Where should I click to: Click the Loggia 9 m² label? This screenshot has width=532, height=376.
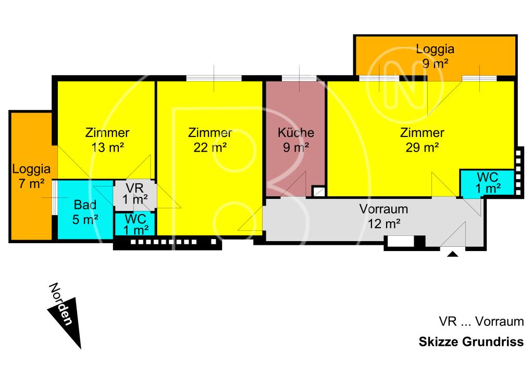pyautogui.click(x=435, y=56)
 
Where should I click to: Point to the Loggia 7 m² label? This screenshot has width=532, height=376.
pyautogui.click(x=31, y=176)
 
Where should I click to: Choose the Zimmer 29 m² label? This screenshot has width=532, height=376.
pyautogui.click(x=422, y=140)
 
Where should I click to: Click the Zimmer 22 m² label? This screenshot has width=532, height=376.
pyautogui.click(x=210, y=140)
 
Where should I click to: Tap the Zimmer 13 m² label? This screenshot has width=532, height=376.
pyautogui.click(x=107, y=140)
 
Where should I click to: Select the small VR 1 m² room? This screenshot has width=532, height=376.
pyautogui.click(x=134, y=194)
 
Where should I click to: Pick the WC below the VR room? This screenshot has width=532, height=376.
pyautogui.click(x=134, y=224)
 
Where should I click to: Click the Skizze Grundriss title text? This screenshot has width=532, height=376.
pyautogui.click(x=471, y=343)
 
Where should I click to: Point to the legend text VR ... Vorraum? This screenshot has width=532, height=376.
pyautogui.click(x=481, y=321)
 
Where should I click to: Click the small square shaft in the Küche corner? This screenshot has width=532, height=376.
pyautogui.click(x=318, y=191)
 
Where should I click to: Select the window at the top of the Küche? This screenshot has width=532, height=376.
pyautogui.click(x=299, y=79)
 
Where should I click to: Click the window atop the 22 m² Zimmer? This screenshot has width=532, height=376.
pyautogui.click(x=214, y=79)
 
